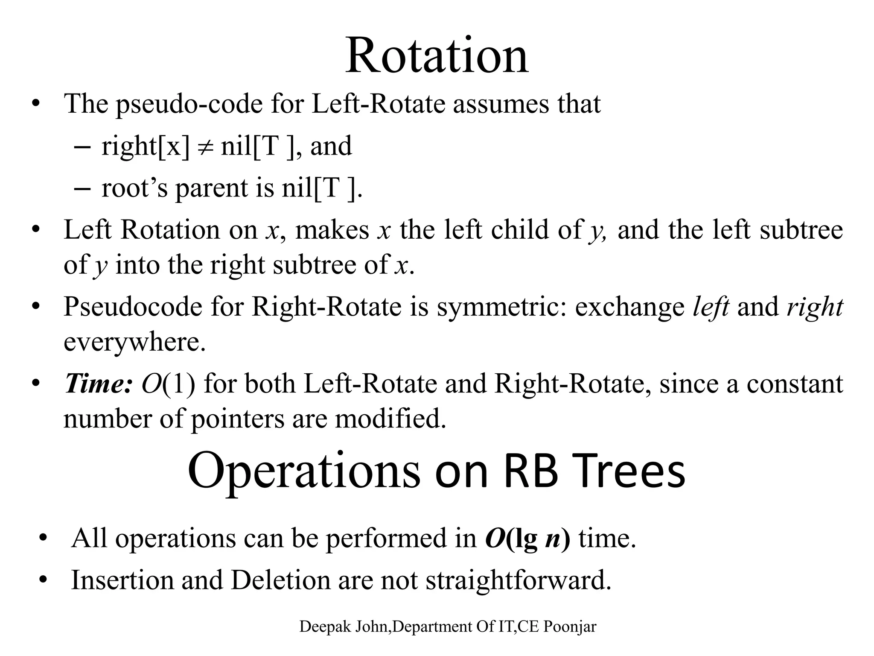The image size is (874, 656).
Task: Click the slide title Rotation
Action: point(437,56)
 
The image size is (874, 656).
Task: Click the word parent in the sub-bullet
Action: point(211,189)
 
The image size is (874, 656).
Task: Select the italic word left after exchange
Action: point(711,307)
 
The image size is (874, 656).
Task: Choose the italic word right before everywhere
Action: point(815,307)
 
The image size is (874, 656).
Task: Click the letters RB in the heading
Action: point(530,471)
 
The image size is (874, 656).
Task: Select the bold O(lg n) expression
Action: point(527,539)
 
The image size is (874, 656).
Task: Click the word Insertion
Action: point(122,580)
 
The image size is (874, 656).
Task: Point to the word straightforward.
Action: point(519,580)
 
